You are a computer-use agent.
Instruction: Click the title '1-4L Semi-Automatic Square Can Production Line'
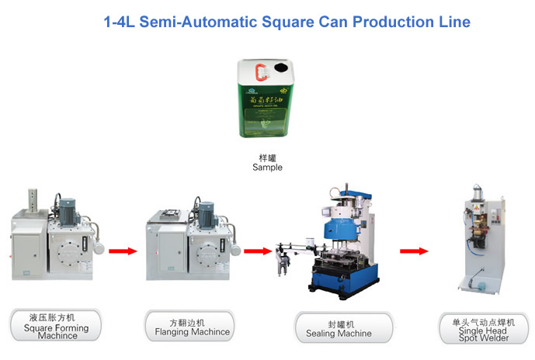coord(287,22)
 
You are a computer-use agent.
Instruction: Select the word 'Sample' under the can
coord(268,168)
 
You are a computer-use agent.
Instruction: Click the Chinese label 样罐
coord(268,157)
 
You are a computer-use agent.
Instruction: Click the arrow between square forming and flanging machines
coord(123,251)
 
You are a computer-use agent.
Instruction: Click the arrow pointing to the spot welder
coord(414,251)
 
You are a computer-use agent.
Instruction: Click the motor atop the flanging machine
coord(206,211)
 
